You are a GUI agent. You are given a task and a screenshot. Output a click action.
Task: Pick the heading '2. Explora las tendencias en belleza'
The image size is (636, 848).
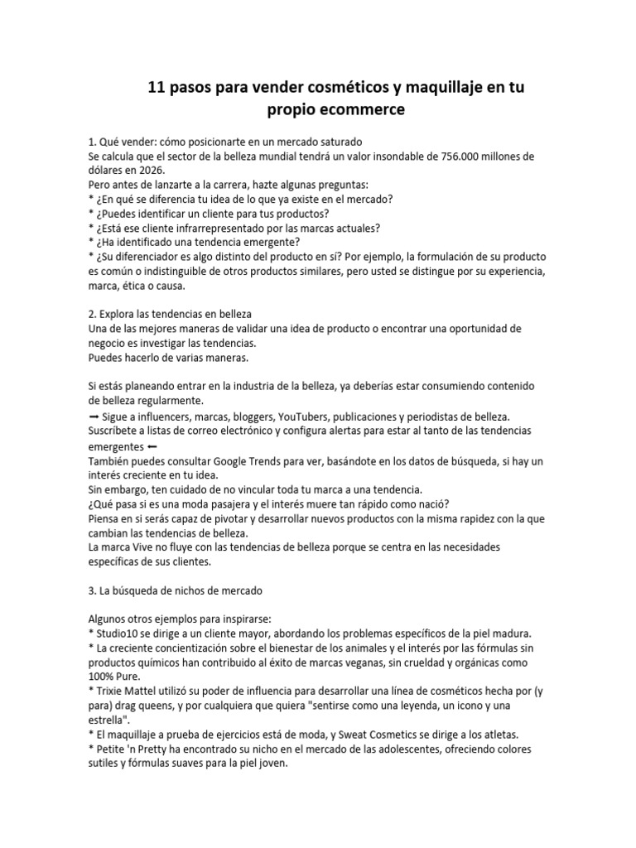(x=170, y=314)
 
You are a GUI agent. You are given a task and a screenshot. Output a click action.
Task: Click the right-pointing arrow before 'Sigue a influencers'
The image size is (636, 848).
(x=93, y=417)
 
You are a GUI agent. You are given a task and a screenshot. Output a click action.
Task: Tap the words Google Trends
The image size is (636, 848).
(x=248, y=460)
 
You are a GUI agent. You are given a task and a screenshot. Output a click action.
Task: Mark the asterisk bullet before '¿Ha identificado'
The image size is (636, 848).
(x=90, y=243)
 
